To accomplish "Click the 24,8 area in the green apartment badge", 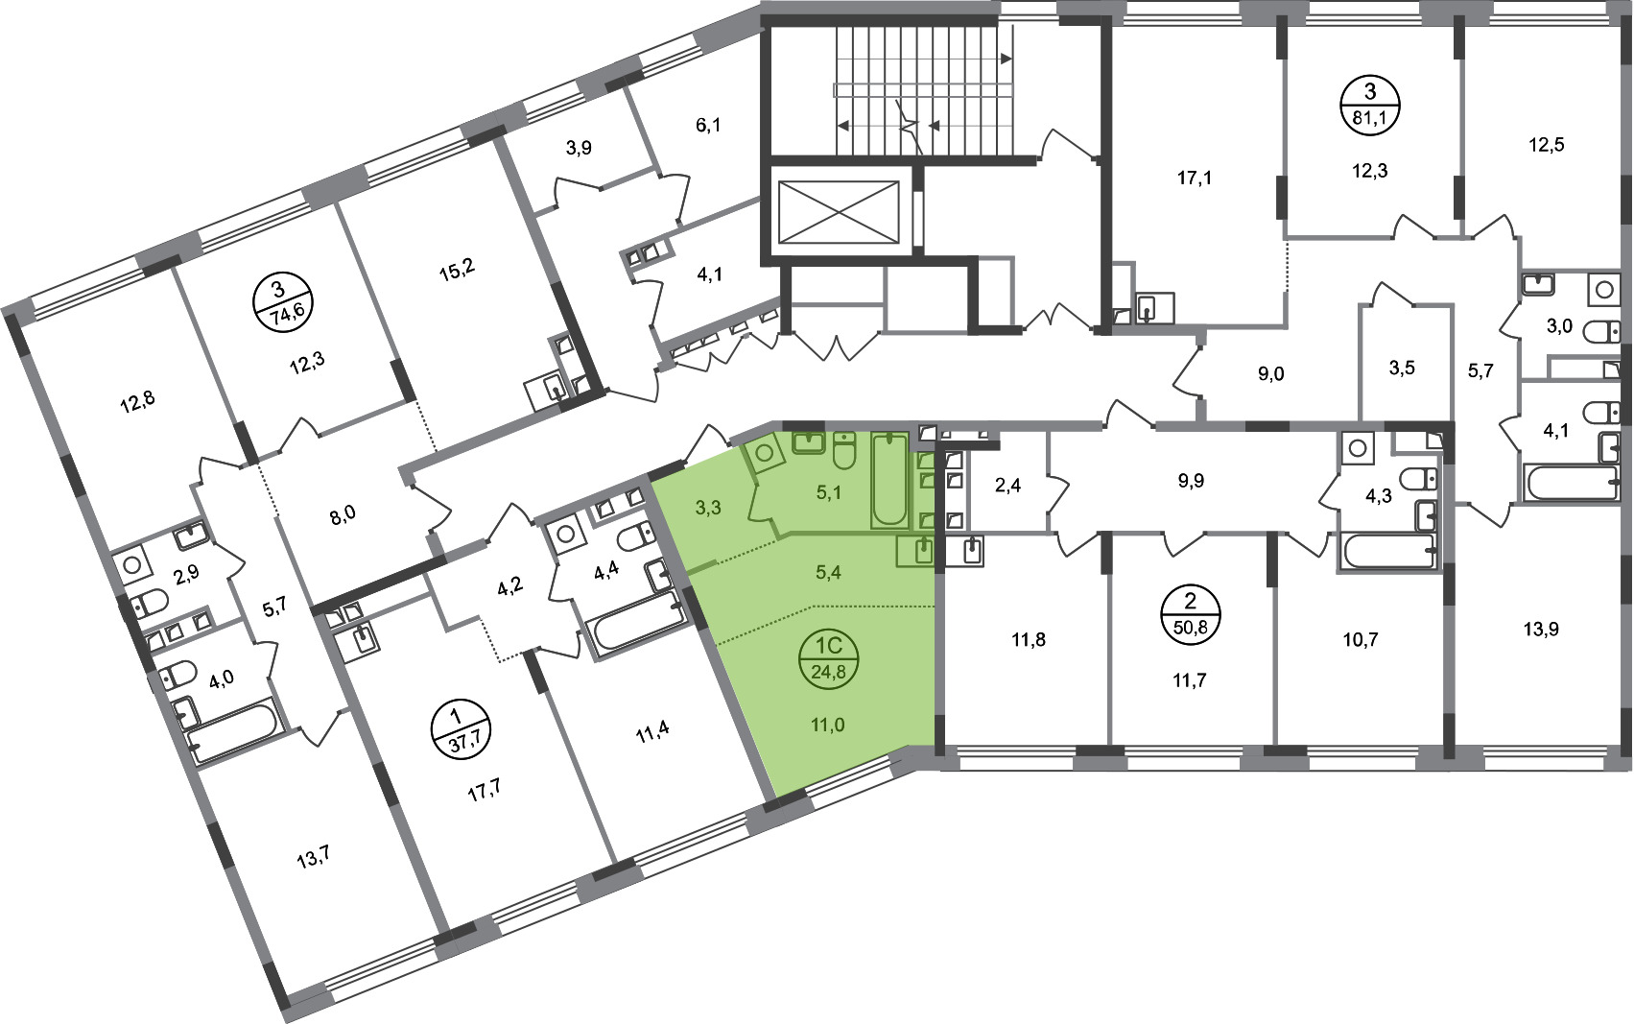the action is click(x=828, y=672).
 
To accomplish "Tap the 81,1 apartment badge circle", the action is click(x=1370, y=106).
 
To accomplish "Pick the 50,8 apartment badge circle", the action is click(x=1191, y=614).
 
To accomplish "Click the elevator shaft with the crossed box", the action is click(x=839, y=212).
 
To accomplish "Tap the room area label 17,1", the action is click(x=1195, y=178).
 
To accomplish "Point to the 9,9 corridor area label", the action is click(x=1191, y=480).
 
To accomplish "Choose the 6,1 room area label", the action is click(x=707, y=126).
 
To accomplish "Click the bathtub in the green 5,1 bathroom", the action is click(x=889, y=480).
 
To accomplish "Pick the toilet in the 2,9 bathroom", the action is click(x=149, y=604).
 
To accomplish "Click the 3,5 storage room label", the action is click(x=1401, y=368).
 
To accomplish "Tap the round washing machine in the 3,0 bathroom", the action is click(x=1604, y=290).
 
